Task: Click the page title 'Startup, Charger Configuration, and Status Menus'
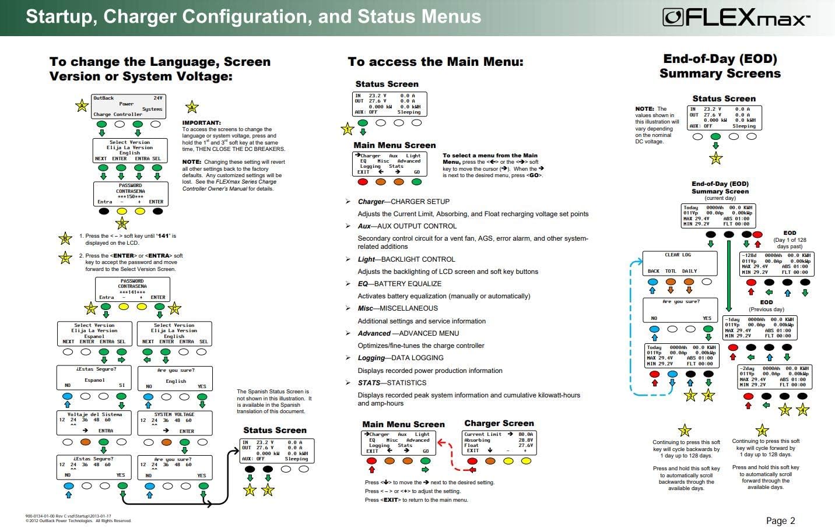pyautogui.click(x=254, y=16)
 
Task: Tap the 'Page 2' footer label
pyautogui.click(x=780, y=520)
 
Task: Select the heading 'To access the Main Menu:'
pyautogui.click(x=435, y=62)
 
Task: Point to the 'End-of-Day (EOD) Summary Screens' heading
pyautogui.click(x=720, y=66)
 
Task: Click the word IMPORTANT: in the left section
pyautogui.click(x=202, y=123)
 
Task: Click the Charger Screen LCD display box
pyautogui.click(x=499, y=442)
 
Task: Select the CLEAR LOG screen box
pyautogui.click(x=679, y=263)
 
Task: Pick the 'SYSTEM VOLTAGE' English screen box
pyautogui.click(x=175, y=423)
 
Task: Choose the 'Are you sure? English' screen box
pyautogui.click(x=175, y=378)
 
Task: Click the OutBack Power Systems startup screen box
pyautogui.click(x=128, y=106)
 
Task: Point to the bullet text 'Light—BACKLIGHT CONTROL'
pyautogui.click(x=406, y=259)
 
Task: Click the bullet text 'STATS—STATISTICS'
pyautogui.click(x=392, y=383)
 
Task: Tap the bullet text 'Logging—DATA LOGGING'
pyautogui.click(x=401, y=358)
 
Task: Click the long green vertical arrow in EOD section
pyautogui.click(x=728, y=274)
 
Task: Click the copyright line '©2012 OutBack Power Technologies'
pyautogui.click(x=78, y=521)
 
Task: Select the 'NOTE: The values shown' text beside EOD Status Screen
pyautogui.click(x=657, y=125)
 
